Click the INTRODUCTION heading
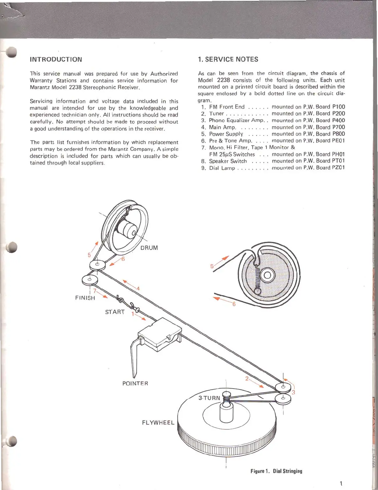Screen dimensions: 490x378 tap(56, 59)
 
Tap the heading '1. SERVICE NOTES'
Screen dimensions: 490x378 tap(228, 59)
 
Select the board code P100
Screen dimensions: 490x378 tap(338, 107)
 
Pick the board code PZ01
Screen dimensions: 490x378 tap(338, 168)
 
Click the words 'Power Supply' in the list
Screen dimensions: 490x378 tap(226, 134)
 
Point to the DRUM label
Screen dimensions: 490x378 tap(149, 248)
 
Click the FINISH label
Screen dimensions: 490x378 tap(85, 298)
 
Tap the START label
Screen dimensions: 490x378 tap(115, 312)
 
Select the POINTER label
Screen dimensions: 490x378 tap(135, 384)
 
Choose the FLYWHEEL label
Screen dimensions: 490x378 tap(158, 423)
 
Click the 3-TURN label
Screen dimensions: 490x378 tap(209, 398)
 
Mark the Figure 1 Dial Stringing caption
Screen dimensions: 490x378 tap(276, 471)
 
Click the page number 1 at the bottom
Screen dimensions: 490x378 tap(341, 484)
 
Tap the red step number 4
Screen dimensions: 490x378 tap(138, 289)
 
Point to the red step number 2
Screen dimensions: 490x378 tap(247, 379)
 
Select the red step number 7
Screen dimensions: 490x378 tap(94, 291)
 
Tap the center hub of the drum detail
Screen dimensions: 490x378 tap(267, 275)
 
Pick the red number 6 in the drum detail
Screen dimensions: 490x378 tap(234, 304)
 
